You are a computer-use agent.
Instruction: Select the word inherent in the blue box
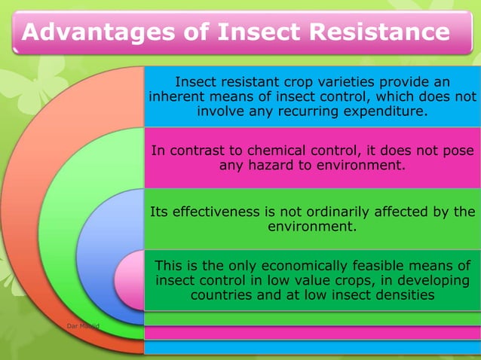[176, 96]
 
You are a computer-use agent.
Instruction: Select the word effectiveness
[213, 212]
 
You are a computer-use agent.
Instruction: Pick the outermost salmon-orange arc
[30, 226]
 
